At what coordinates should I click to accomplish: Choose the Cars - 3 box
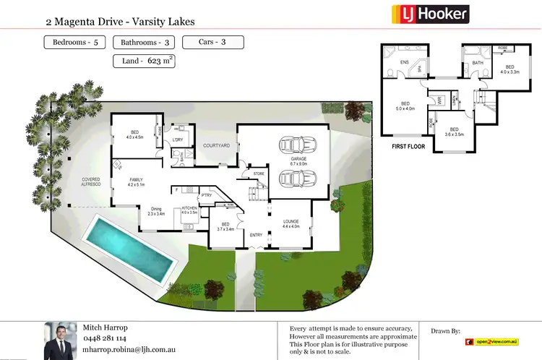click(212, 42)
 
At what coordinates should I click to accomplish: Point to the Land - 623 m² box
click(144, 61)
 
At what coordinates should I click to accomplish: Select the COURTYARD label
click(216, 146)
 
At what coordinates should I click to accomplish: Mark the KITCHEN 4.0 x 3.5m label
click(189, 210)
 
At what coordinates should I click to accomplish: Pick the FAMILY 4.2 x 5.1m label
click(137, 182)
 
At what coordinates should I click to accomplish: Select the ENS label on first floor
click(404, 63)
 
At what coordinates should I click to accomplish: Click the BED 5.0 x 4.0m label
click(405, 107)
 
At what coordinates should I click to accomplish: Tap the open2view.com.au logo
click(498, 341)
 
